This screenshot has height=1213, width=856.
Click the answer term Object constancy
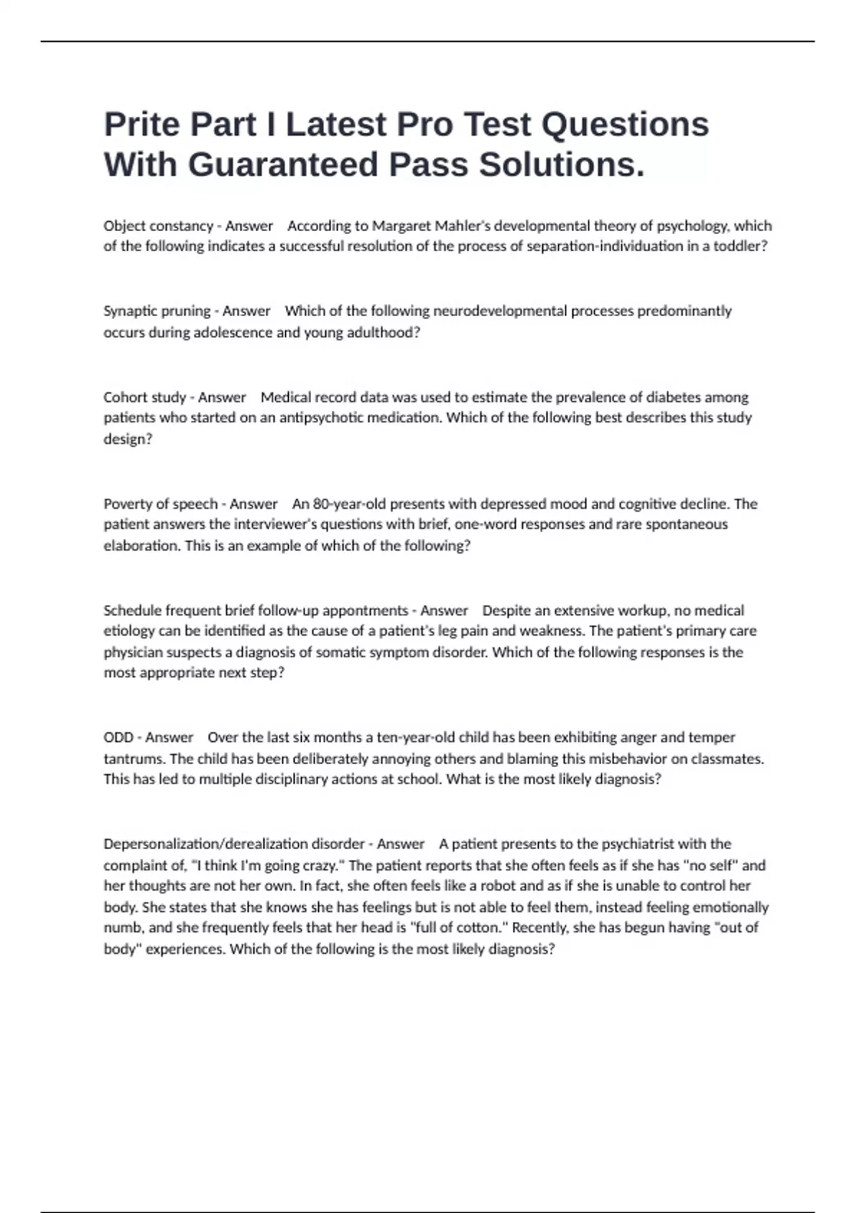point(158,226)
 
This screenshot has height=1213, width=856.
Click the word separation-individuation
point(605,246)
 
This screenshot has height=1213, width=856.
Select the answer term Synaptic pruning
point(157,311)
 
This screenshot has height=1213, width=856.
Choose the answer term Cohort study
point(145,397)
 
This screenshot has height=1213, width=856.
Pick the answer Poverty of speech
point(160,504)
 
